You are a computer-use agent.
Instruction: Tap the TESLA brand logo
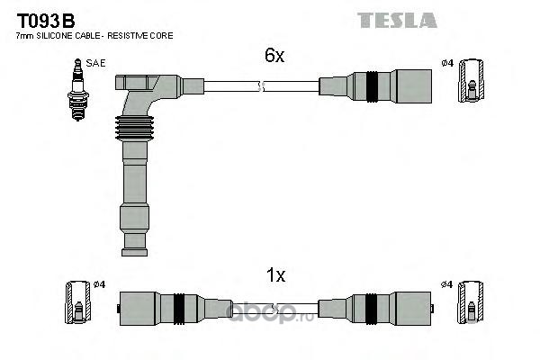click(x=397, y=20)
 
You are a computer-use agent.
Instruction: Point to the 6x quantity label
click(x=274, y=56)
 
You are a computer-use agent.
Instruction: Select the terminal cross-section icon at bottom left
click(x=76, y=301)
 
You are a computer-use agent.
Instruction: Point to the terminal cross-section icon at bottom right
click(x=469, y=301)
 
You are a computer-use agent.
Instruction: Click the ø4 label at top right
click(x=446, y=64)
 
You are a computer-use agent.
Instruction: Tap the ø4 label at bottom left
click(x=99, y=285)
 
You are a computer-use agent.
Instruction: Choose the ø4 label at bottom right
click(x=445, y=285)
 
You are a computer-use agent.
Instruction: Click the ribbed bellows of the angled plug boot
click(x=132, y=130)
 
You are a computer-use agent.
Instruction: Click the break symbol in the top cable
click(x=260, y=86)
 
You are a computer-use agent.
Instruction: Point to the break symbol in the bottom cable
click(x=260, y=307)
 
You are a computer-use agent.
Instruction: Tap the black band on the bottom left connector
click(x=178, y=307)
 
